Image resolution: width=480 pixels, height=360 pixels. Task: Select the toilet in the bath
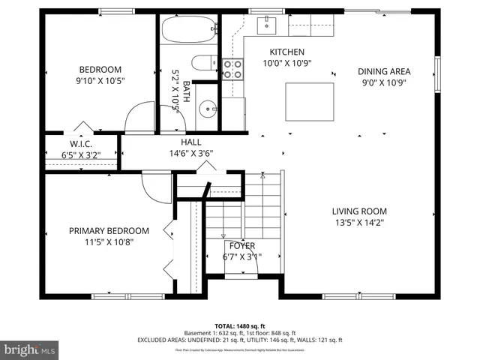pyautogui.click(x=202, y=63)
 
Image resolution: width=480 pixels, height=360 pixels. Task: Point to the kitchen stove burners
pyautogui.click(x=233, y=69)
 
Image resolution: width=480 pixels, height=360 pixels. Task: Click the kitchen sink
pyautogui.click(x=266, y=26)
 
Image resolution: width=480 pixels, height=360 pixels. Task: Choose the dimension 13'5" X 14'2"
pyautogui.click(x=359, y=222)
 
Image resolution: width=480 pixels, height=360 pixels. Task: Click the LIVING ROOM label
pyautogui.click(x=359, y=211)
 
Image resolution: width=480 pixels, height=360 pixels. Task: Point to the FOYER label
pyautogui.click(x=241, y=246)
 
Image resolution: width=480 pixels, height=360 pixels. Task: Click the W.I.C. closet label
pyautogui.click(x=80, y=144)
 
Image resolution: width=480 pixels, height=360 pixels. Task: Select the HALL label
pyautogui.click(x=190, y=142)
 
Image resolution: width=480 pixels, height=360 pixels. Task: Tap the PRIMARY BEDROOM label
pyautogui.click(x=109, y=231)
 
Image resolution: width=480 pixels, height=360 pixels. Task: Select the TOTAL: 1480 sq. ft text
pyautogui.click(x=240, y=326)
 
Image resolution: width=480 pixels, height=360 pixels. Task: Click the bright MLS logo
pyautogui.click(x=30, y=349)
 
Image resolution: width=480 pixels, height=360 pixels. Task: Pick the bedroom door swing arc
pyautogui.click(x=139, y=118)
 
